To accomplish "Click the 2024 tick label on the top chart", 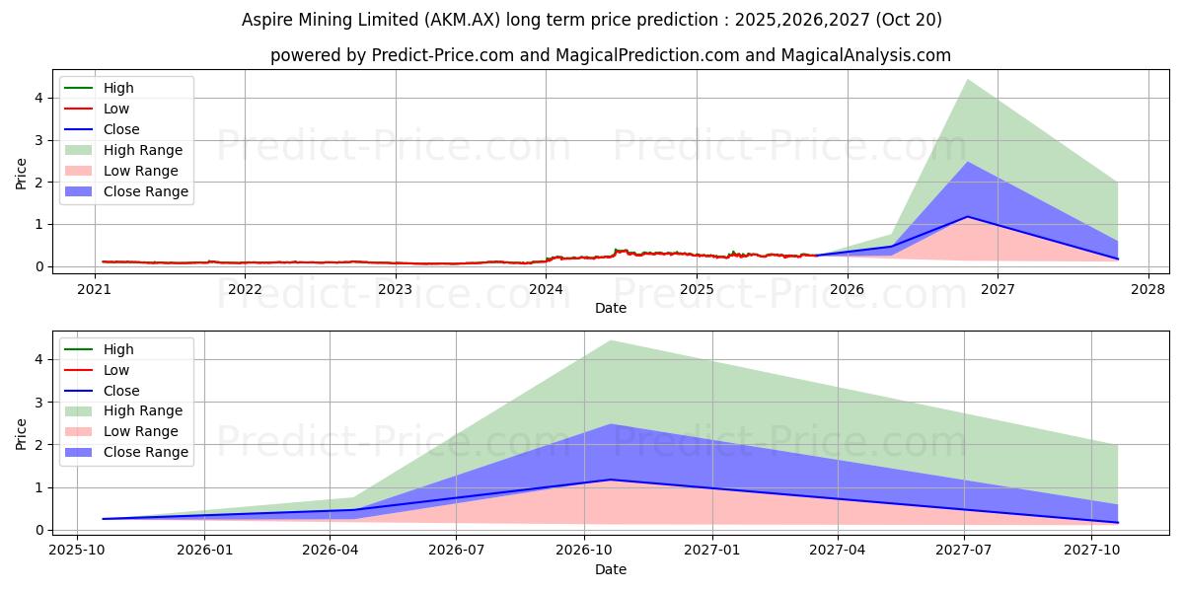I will click(546, 289).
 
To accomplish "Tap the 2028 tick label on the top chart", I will click(1148, 289).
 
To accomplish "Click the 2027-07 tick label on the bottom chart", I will click(965, 551).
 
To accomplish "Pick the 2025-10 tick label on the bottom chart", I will click(78, 551).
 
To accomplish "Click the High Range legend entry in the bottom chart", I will click(143, 410).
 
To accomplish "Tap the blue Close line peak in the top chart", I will click(967, 217).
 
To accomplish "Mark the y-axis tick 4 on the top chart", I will click(38, 98).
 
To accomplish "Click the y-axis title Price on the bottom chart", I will click(21, 434).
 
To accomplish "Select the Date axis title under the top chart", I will click(611, 308).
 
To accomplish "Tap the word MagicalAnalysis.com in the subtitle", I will click(866, 55).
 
